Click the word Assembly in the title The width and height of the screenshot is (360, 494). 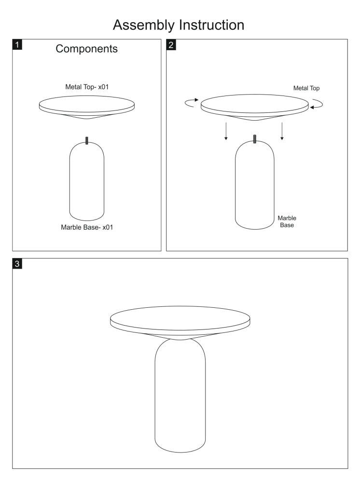144,26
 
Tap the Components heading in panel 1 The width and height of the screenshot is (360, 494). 87,49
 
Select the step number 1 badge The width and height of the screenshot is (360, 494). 17,44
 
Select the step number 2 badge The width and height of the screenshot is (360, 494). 171,45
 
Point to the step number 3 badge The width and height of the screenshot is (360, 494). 17,263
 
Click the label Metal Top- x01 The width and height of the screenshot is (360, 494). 87,87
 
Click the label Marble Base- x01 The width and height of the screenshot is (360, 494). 87,227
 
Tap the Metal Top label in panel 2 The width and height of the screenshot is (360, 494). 306,88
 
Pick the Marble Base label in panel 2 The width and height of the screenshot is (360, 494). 287,221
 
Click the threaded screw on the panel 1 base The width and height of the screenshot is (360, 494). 87,140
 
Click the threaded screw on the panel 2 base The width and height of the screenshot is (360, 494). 255,139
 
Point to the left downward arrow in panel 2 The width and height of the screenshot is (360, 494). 226,131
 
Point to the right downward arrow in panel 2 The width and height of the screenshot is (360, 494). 282,131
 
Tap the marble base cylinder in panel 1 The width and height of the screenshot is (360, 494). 87,181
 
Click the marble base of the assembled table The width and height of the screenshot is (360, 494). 180,396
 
